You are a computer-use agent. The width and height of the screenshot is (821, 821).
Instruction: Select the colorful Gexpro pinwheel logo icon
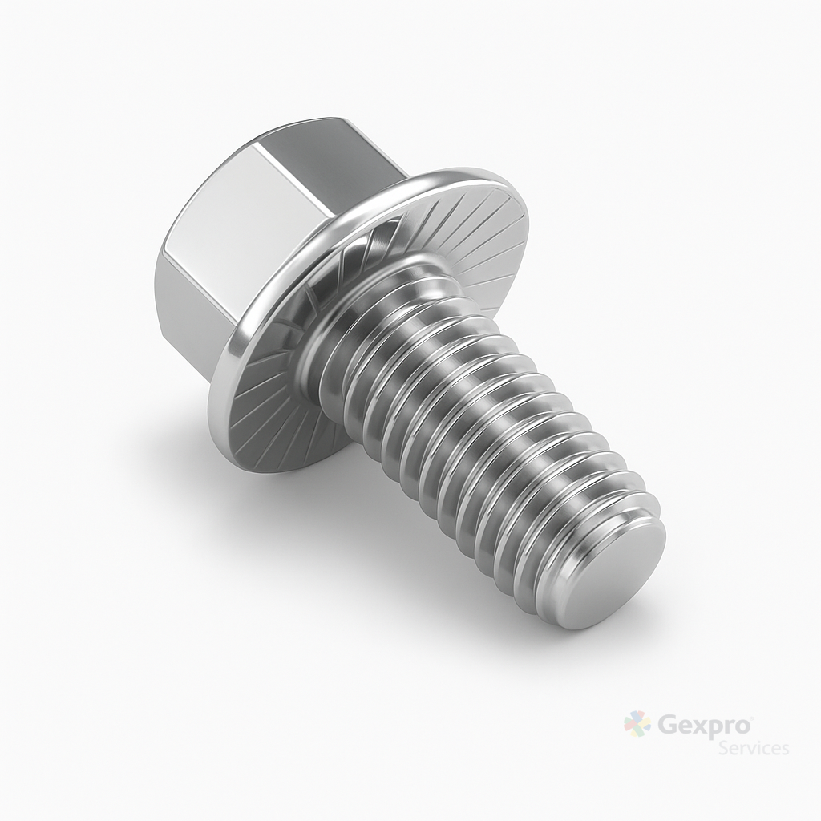coord(637,725)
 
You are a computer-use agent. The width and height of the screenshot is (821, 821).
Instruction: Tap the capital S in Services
coord(724,748)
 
